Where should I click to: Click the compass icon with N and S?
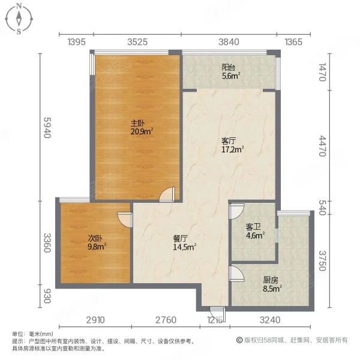(19, 19)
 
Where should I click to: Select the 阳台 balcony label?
(228, 67)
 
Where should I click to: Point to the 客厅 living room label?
(228, 141)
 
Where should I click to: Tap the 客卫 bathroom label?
(253, 227)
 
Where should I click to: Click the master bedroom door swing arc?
(168, 194)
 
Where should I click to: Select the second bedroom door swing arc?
(125, 220)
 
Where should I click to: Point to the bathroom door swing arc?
(235, 212)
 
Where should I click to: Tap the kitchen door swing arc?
(236, 275)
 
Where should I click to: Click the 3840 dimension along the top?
(229, 41)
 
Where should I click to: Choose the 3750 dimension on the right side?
(322, 260)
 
